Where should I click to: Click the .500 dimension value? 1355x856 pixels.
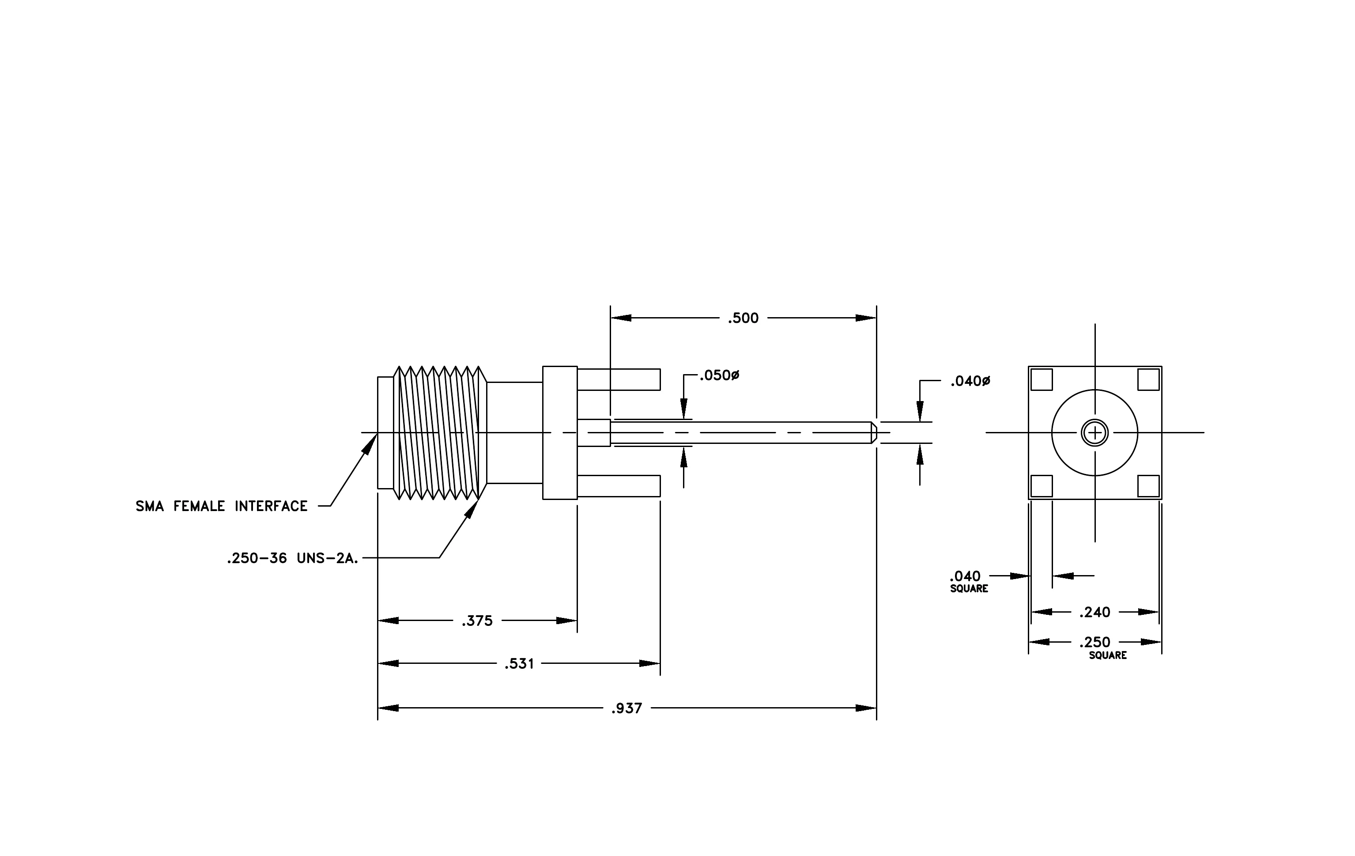click(744, 318)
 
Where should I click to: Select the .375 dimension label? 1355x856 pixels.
click(477, 621)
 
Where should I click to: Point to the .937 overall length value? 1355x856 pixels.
click(627, 708)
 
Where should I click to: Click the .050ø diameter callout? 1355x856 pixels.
click(719, 375)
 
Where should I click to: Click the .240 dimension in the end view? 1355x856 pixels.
click(1095, 612)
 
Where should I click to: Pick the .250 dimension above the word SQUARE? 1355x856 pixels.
click(1095, 642)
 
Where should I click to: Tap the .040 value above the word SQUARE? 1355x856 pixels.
click(966, 576)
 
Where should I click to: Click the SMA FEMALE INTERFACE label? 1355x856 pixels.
click(221, 507)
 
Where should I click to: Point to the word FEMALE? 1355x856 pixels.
click(199, 507)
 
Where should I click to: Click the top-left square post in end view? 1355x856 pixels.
click(1042, 379)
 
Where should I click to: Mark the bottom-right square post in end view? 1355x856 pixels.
click(1148, 486)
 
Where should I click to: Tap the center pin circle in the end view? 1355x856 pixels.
click(1095, 433)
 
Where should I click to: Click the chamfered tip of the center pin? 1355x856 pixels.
click(874, 433)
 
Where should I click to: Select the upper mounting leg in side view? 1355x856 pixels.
click(619, 379)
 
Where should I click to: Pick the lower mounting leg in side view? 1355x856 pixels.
click(619, 486)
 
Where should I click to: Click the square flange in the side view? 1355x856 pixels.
click(560, 433)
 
